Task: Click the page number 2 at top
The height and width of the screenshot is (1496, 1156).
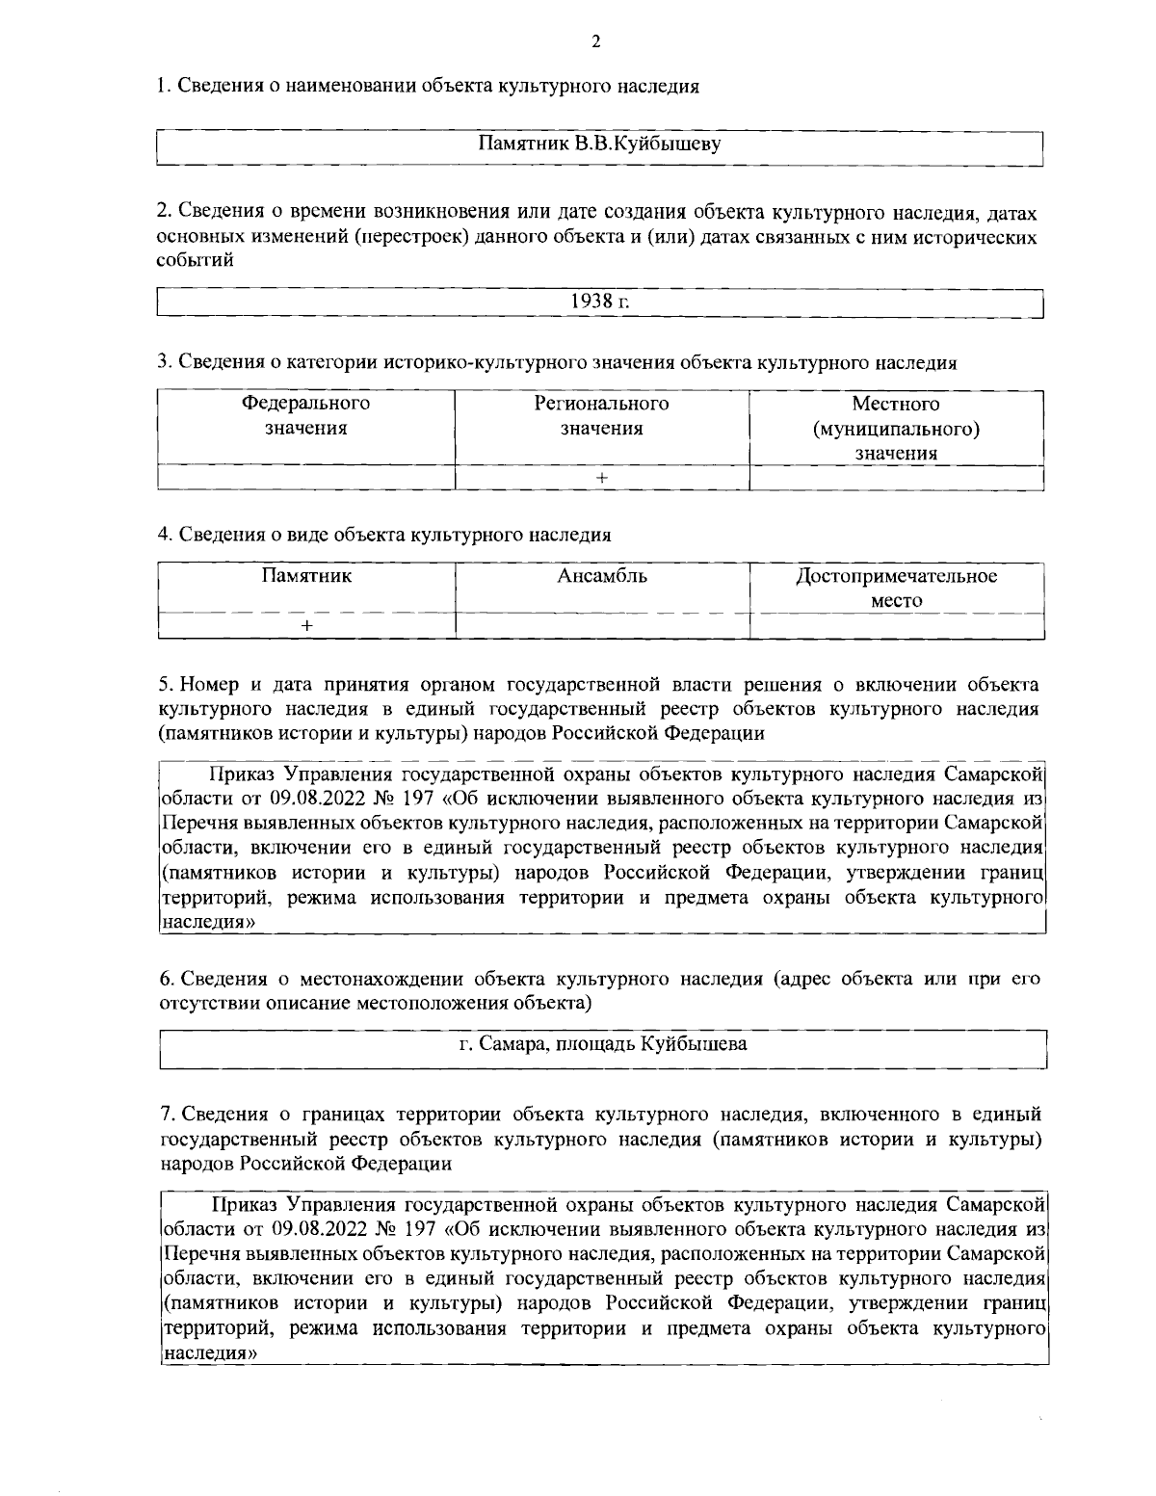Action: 595,41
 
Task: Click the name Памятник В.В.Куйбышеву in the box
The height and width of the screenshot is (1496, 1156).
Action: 600,144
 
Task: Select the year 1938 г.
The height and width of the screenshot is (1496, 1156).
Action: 599,301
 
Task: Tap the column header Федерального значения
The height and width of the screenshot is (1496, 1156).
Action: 305,415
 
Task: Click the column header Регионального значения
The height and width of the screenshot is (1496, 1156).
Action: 601,415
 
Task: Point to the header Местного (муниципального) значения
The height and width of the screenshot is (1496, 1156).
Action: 896,428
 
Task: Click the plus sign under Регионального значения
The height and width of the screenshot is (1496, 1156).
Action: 601,478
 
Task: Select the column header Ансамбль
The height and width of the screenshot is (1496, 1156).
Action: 602,576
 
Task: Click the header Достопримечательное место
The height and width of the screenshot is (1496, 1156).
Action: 896,588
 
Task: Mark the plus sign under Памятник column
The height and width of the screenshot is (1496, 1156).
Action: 306,625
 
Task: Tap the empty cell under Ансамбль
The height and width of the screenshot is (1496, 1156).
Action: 602,625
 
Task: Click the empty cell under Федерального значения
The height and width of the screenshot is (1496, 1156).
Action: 305,478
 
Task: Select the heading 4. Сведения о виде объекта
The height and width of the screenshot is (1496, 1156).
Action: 384,534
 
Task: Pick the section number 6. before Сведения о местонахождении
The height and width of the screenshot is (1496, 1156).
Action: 166,980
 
